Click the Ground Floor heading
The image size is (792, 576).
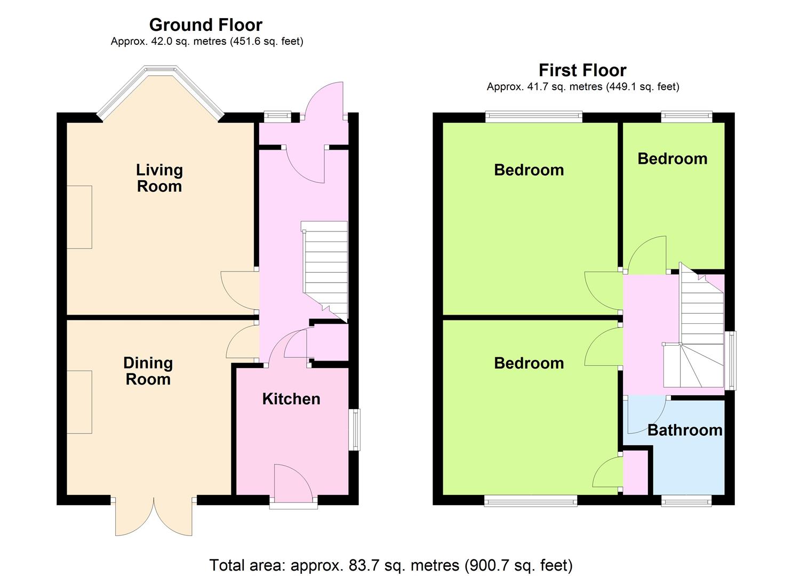coord(206,25)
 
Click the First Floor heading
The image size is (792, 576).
coord(583,70)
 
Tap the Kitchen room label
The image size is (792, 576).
coord(291,399)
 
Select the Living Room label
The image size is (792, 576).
coord(159,178)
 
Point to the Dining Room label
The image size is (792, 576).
coord(148,371)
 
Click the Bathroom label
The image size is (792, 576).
coord(685,430)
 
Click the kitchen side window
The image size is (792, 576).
coord(355,430)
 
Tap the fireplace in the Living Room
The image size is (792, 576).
coord(79,217)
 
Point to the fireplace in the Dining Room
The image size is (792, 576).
coord(79,402)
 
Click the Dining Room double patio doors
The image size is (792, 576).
coord(154,517)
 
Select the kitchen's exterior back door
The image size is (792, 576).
coord(293,485)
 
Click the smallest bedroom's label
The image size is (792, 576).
coord(673,159)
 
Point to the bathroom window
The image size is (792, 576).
coord(686,501)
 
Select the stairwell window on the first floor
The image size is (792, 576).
coord(731,361)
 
